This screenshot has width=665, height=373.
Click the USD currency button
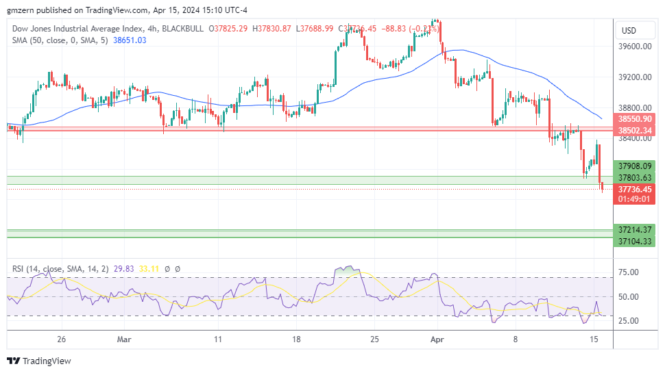click(629, 31)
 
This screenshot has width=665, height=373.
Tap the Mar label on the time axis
click(123, 339)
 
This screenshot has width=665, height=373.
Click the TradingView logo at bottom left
click(39, 361)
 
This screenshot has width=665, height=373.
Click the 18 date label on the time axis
click(297, 339)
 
